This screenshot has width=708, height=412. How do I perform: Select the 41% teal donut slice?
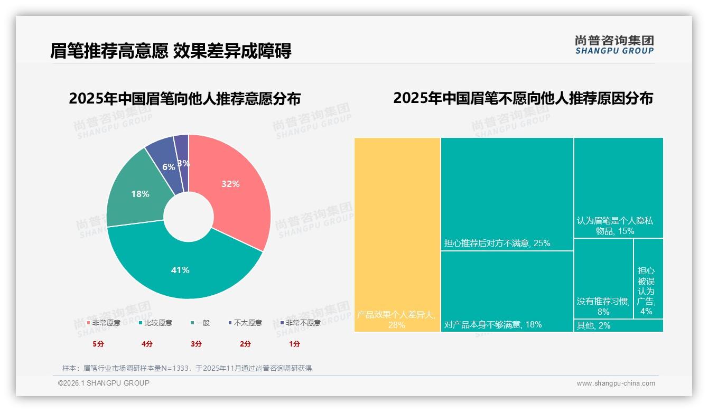pos(180,269)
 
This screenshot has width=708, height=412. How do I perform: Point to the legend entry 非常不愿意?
pos(303,323)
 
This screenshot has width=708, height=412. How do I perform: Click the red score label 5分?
pos(98,344)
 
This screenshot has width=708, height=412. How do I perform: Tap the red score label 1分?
pos(294,344)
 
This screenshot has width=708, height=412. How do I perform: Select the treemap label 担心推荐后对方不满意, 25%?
pos(497,243)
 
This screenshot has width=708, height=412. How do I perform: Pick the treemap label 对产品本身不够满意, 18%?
pos(493,324)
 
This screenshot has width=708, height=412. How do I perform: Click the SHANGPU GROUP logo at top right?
pos(614,45)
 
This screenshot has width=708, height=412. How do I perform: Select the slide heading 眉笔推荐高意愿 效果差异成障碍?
pos(171,51)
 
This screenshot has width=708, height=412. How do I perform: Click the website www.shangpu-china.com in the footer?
pos(616,383)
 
